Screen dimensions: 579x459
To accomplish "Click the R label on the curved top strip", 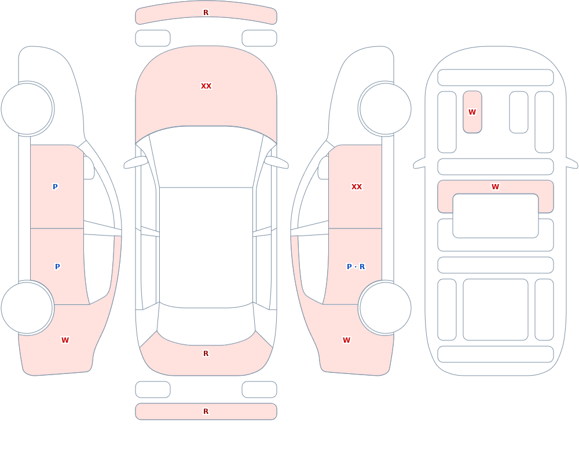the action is (206, 13).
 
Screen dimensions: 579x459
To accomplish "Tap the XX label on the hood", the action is (206, 86).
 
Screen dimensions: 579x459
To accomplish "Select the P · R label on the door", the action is (356, 267).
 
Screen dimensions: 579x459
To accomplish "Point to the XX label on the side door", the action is (356, 187).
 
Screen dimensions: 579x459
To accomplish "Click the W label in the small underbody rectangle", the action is (472, 112).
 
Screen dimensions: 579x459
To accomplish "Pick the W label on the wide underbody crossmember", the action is (495, 187).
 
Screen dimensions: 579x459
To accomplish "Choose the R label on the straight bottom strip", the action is (206, 412).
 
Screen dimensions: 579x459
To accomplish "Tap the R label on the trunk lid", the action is (206, 354).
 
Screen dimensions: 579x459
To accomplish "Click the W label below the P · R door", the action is (346, 340).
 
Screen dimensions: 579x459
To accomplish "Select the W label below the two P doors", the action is (65, 340).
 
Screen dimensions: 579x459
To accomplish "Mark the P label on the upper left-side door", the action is (55, 187).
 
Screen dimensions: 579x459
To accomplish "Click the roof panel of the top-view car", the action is (206, 247).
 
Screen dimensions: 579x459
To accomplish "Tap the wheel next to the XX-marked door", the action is (385, 109).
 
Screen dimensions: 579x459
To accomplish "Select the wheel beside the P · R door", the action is (385, 307).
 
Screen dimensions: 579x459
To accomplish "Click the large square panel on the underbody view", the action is (496, 310).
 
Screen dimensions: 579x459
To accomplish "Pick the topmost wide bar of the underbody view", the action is (496, 78).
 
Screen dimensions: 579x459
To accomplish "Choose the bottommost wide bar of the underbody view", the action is (496, 354).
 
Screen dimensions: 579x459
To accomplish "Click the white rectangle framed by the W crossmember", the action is (496, 216).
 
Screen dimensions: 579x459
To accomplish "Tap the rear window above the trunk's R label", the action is (206, 324).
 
